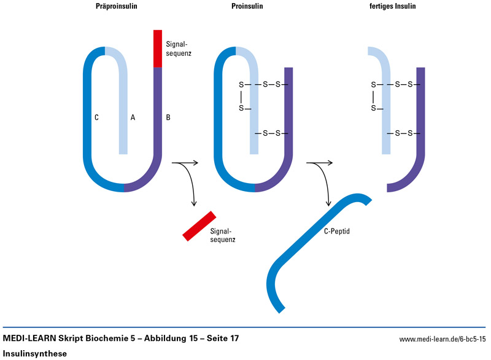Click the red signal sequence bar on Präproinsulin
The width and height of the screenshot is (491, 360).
point(158,48)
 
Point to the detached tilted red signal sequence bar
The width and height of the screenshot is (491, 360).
point(199,225)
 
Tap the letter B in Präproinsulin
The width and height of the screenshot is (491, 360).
point(169,117)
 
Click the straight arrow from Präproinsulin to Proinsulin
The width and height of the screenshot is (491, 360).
point(186,163)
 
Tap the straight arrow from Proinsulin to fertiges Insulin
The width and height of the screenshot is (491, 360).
point(320,163)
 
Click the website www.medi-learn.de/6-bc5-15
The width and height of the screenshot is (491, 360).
point(443,339)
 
